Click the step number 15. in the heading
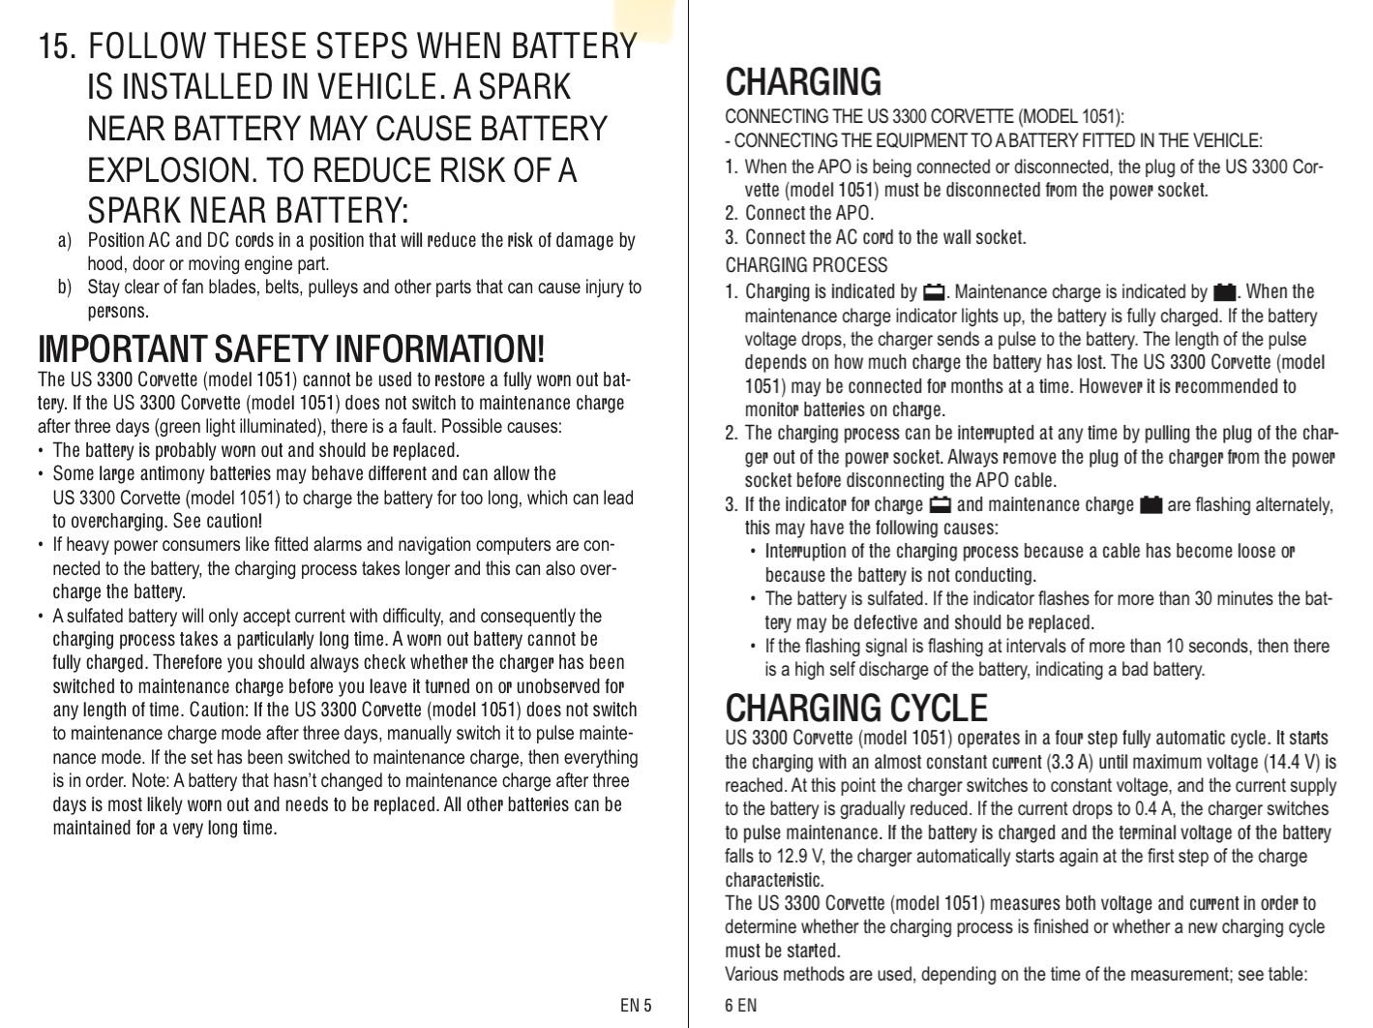(57, 45)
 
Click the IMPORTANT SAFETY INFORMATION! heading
(290, 348)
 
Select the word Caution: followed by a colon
(220, 710)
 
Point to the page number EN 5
(636, 1005)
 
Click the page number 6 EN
(740, 1005)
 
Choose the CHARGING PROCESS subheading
(805, 265)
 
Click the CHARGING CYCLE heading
(855, 709)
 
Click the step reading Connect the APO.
(809, 213)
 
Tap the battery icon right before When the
(1224, 291)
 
